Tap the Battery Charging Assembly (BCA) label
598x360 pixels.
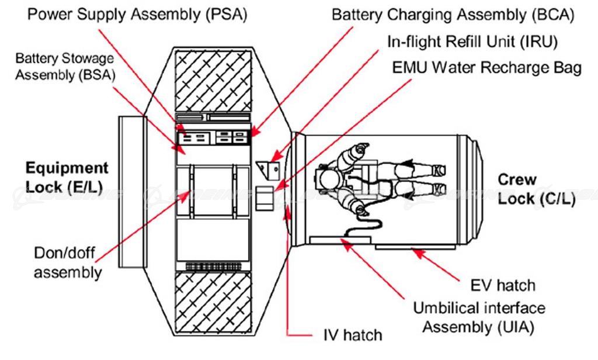pos(453,14)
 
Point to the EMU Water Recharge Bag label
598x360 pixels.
pos(486,67)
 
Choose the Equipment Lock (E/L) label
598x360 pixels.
pos(67,177)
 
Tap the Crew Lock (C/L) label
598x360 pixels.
pos(536,189)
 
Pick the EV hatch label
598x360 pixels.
pos(502,285)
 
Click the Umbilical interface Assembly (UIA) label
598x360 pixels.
pos(479,317)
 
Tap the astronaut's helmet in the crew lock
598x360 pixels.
pos(324,178)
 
